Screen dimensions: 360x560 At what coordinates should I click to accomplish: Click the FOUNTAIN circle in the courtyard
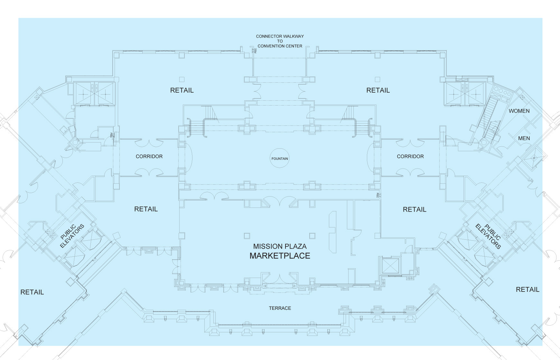[x=279, y=158]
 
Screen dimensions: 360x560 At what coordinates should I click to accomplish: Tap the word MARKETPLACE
[x=280, y=256]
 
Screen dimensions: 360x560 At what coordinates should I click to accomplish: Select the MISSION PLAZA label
[x=280, y=246]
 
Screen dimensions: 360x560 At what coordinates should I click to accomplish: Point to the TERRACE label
[x=280, y=308]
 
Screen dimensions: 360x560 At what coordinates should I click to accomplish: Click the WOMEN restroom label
[x=519, y=111]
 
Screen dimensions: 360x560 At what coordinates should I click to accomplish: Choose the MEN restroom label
[x=524, y=138]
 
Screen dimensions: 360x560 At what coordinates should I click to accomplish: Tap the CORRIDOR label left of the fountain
[x=149, y=156]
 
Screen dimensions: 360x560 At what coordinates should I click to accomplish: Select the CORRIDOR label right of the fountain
[x=410, y=156]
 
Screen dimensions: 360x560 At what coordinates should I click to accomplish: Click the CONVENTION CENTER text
[x=280, y=46]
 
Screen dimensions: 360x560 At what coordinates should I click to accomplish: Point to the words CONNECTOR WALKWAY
[x=280, y=36]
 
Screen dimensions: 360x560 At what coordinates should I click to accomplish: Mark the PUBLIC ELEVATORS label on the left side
[x=72, y=236]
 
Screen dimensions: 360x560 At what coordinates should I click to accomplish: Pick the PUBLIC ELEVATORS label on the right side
[x=489, y=236]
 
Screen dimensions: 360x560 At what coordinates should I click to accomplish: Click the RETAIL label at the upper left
[x=182, y=90]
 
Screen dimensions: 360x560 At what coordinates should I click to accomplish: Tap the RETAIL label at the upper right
[x=378, y=90]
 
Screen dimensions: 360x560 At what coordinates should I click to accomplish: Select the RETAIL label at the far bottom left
[x=32, y=292]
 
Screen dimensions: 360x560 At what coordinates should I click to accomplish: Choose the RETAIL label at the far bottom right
[x=527, y=290]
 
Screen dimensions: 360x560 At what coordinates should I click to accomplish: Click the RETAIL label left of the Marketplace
[x=146, y=209]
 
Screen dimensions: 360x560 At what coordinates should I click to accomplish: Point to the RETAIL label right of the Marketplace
[x=414, y=209]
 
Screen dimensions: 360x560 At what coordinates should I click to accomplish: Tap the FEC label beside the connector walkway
[x=256, y=51]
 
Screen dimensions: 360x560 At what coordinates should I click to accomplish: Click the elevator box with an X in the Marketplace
[x=390, y=265]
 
